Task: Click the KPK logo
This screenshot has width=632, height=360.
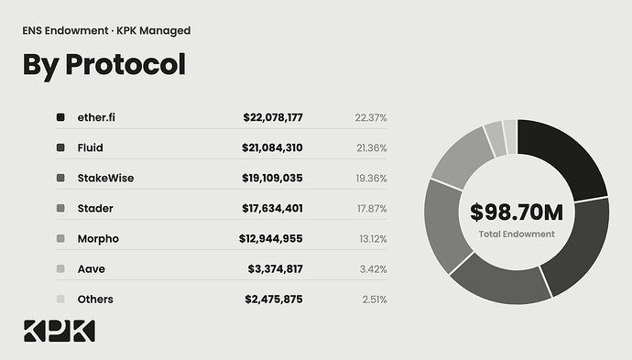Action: click(x=60, y=331)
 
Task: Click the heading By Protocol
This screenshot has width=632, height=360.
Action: click(x=104, y=65)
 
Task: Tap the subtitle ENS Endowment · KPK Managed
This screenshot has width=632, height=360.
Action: click(x=106, y=30)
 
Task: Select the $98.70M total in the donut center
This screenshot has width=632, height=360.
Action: click(x=517, y=212)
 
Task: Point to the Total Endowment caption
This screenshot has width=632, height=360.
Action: click(x=517, y=235)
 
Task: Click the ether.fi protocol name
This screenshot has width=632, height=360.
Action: click(x=96, y=117)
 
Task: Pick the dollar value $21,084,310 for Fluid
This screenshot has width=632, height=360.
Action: click(x=272, y=147)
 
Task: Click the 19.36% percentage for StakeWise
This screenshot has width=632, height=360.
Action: click(x=371, y=179)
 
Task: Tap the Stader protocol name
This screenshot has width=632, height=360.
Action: click(x=95, y=209)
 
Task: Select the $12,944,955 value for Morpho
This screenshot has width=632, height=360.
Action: click(x=270, y=239)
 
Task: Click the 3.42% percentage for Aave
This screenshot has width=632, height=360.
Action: click(x=373, y=269)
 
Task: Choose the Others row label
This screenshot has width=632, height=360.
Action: click(x=95, y=300)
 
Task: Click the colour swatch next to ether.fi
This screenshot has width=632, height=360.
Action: click(x=60, y=117)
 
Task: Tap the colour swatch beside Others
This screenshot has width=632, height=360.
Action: click(x=60, y=300)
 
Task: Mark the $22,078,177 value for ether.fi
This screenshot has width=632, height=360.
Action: click(x=273, y=117)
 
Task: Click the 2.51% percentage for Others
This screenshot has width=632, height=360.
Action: click(x=375, y=300)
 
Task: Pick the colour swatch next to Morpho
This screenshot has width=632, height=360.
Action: click(x=60, y=239)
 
